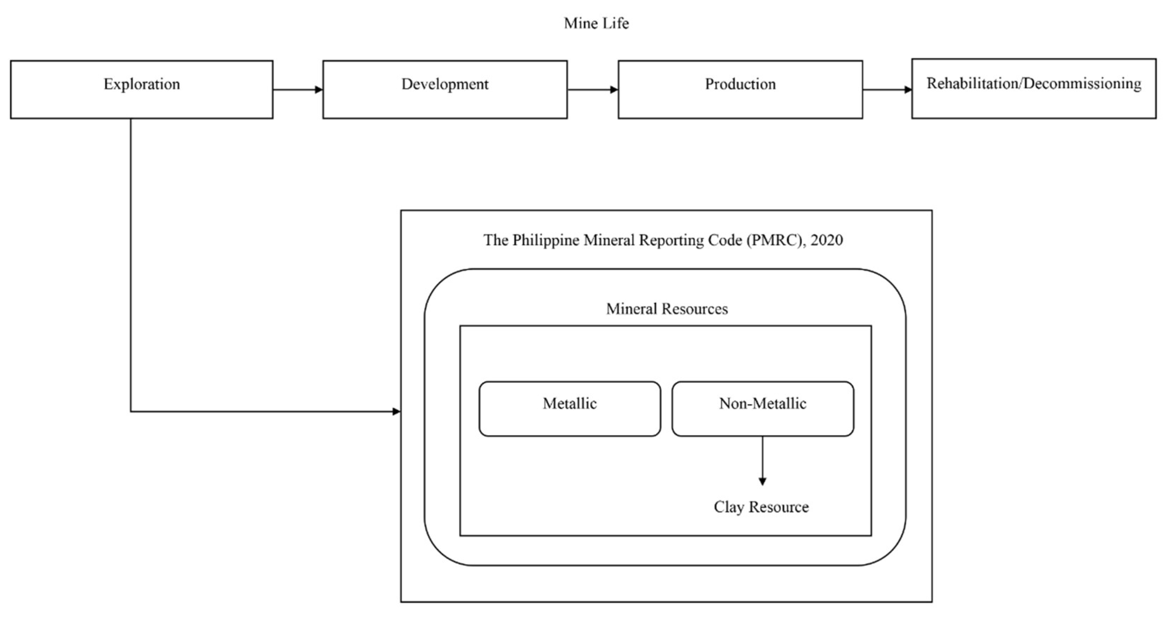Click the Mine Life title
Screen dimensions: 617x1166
(596, 23)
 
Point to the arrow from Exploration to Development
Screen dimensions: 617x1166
(297, 90)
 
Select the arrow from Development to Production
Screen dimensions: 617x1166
(593, 90)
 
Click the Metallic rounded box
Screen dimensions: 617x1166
(569, 409)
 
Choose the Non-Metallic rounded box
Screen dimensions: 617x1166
(763, 409)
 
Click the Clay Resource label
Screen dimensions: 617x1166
(761, 507)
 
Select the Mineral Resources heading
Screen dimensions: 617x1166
(667, 309)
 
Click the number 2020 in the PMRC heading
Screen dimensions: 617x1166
(826, 240)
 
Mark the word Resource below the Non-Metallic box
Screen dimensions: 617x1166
(779, 507)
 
